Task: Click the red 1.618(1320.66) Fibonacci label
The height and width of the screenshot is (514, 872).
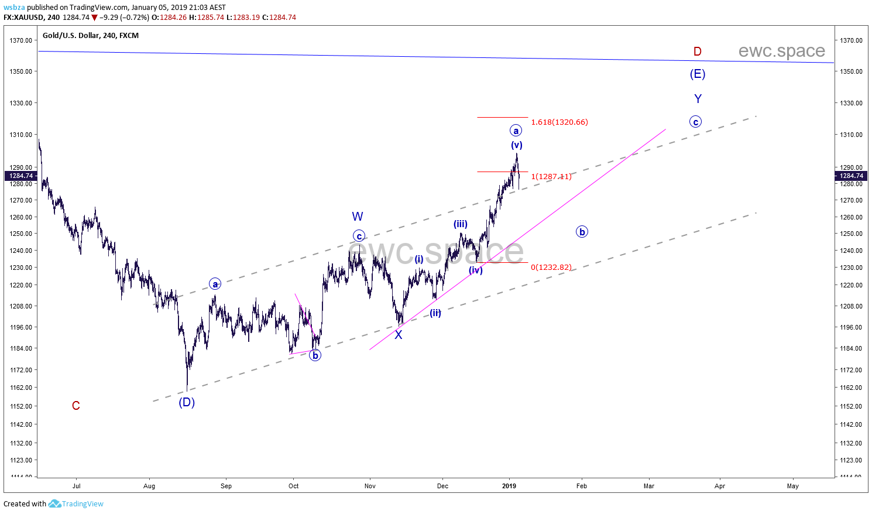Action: point(559,122)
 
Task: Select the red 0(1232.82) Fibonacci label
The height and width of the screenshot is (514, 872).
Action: point(551,268)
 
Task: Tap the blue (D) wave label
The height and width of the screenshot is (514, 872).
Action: point(187,402)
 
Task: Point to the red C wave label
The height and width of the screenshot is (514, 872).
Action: point(76,406)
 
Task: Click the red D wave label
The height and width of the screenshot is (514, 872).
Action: point(697,52)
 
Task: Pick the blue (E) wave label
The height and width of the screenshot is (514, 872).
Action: point(697,74)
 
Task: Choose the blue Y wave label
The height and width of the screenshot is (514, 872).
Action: point(698,99)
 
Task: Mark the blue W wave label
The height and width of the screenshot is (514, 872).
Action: point(358,217)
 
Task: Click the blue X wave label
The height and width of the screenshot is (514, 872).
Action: point(399,335)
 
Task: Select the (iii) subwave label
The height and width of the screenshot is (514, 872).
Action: point(461,224)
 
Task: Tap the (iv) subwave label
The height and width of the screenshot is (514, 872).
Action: point(476,270)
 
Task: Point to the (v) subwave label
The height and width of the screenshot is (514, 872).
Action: point(516,145)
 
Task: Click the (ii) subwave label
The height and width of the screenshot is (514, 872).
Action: point(435,313)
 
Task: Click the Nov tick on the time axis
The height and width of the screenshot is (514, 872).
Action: point(370,486)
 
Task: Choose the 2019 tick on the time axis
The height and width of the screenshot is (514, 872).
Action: point(509,486)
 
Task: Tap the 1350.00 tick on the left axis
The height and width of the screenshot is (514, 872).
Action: point(20,71)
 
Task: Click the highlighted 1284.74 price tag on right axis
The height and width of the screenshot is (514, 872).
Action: point(851,176)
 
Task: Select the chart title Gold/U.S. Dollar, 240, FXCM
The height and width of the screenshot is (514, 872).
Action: point(91,36)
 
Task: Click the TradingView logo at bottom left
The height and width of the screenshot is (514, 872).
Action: point(76,503)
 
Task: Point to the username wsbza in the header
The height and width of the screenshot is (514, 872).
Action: point(14,8)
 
